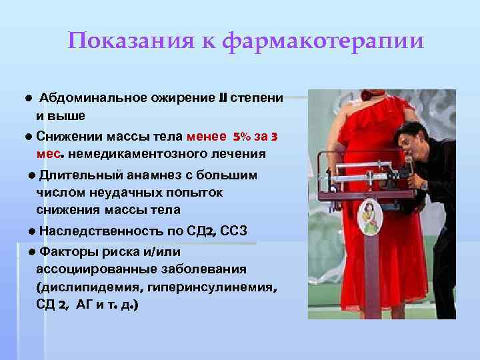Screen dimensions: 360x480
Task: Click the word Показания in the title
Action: (127, 42)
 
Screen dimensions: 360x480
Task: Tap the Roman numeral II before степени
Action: (222, 98)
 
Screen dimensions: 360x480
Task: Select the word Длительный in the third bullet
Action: (74, 175)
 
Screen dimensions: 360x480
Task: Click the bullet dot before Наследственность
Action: (32, 231)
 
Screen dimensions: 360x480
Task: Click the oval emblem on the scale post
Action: (368, 217)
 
